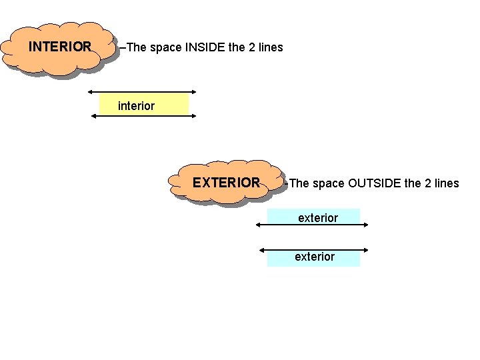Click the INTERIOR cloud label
pos(60,47)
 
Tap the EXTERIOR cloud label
pos(226,183)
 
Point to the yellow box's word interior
pos(136,106)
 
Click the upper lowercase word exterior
pos(318,218)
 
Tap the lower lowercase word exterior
pos(315,257)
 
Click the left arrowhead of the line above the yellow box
pos(91,92)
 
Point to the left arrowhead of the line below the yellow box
pos(94,116)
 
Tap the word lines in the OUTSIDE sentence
pos(445,183)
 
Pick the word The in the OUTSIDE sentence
pos(300,183)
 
